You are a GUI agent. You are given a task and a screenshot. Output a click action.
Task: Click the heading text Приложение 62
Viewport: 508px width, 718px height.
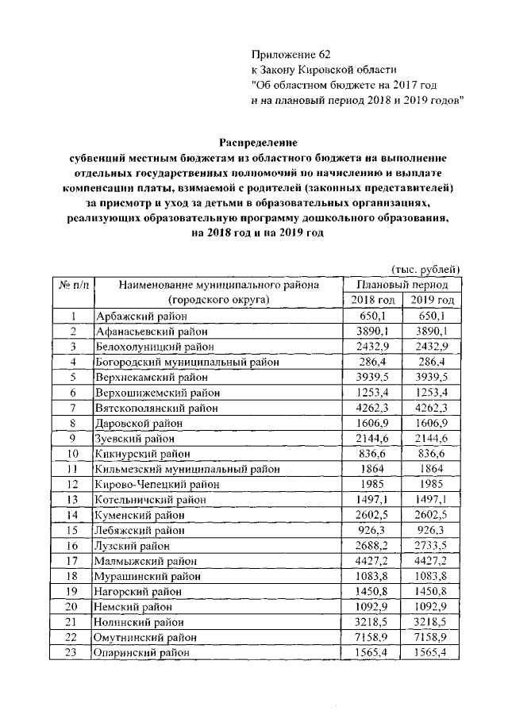tap(289, 54)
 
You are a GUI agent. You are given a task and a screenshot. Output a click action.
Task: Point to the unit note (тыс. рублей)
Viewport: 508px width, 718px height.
tap(427, 269)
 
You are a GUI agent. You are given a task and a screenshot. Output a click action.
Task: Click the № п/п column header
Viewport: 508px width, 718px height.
tap(71, 284)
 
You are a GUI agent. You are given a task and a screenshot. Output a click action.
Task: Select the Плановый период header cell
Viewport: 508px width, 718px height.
tap(402, 284)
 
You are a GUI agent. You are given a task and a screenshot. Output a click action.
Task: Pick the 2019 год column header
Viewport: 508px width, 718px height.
tap(433, 300)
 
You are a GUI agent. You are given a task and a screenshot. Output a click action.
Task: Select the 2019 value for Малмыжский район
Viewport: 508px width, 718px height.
tap(433, 562)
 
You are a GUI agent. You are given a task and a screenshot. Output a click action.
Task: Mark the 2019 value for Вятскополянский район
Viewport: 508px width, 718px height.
tap(433, 408)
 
